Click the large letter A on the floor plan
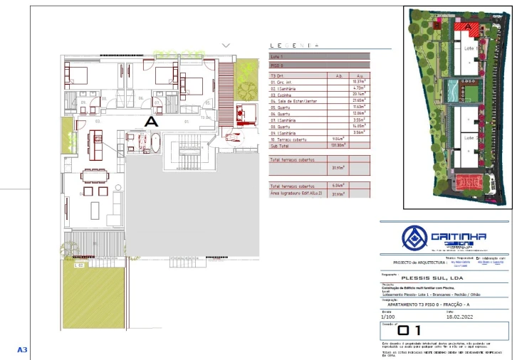click(151, 122)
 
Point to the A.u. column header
click(360, 75)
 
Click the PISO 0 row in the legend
click(278, 63)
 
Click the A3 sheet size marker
click(22, 350)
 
